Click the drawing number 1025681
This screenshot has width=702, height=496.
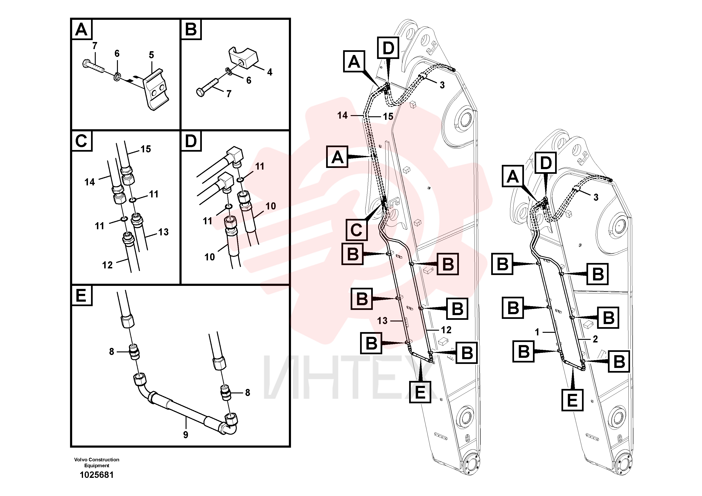97,475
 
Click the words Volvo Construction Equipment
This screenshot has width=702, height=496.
97,462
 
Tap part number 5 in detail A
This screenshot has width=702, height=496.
151,55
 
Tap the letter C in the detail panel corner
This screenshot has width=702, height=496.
81,141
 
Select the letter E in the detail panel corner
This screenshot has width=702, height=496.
81,296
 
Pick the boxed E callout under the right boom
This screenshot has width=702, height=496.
572,400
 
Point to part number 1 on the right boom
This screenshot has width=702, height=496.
537,332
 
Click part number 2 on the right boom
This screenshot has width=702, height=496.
595,339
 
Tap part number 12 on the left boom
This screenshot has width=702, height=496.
446,330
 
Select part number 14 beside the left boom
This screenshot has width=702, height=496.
342,115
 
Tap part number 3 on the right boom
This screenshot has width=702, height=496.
596,197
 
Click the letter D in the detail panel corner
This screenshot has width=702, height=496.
191,141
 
